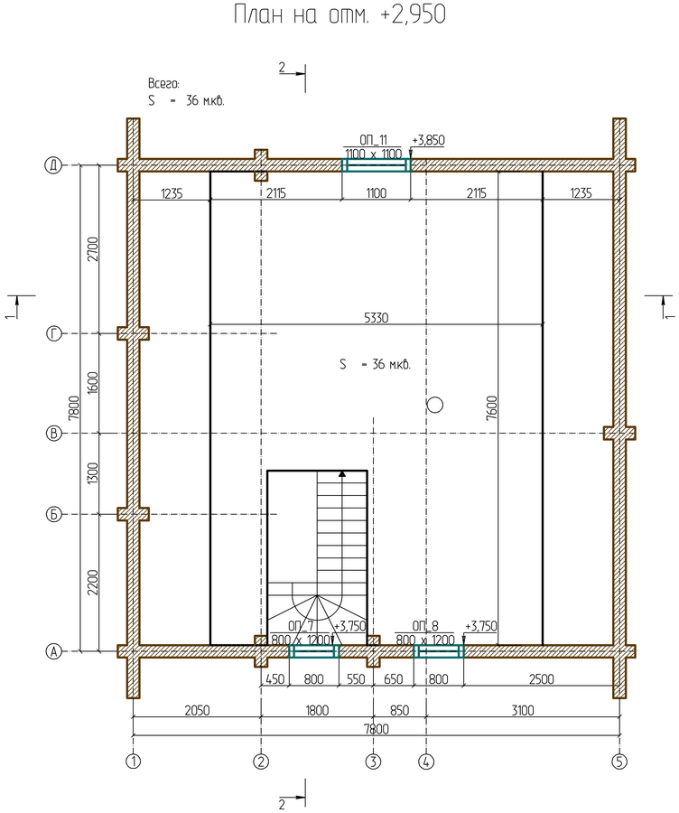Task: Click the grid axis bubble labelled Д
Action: pyautogui.click(x=53, y=165)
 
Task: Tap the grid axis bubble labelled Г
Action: pyautogui.click(x=53, y=333)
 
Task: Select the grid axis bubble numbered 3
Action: pyautogui.click(x=373, y=762)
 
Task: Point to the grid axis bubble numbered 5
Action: pyautogui.click(x=619, y=762)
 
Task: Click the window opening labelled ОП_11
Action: pyautogui.click(x=377, y=165)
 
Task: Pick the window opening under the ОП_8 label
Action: pyautogui.click(x=439, y=651)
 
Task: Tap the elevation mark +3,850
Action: pyautogui.click(x=428, y=140)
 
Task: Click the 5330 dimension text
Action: pyautogui.click(x=377, y=318)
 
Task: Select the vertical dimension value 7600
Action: pyautogui.click(x=492, y=407)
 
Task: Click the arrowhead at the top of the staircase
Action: pyautogui.click(x=342, y=474)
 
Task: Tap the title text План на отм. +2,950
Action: pyautogui.click(x=339, y=14)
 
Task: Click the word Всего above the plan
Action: pyautogui.click(x=163, y=83)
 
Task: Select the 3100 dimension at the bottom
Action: pyautogui.click(x=523, y=709)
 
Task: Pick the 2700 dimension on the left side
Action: pyautogui.click(x=93, y=249)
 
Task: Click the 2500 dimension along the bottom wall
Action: pyautogui.click(x=541, y=678)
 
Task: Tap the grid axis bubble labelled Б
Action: pyautogui.click(x=53, y=514)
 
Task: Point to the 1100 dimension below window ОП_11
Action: pyautogui.click(x=377, y=193)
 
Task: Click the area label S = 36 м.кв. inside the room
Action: pyautogui.click(x=376, y=365)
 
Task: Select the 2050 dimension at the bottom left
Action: pyautogui.click(x=197, y=709)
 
